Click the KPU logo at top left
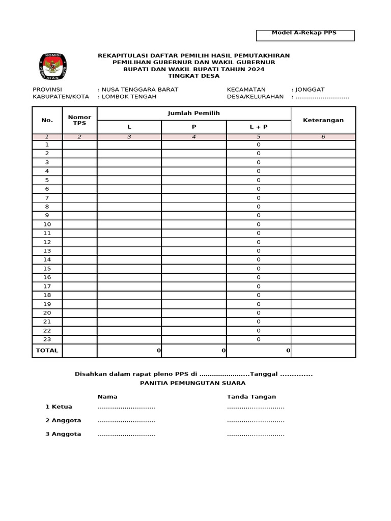coord(52,66)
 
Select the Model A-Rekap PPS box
coord(304,35)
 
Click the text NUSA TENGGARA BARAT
coord(139,90)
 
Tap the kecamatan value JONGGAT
coord(310,90)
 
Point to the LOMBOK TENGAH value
coord(129,97)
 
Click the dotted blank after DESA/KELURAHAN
coord(322,97)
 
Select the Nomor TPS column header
coord(79,120)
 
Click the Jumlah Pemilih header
coord(193,113)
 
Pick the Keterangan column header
coord(323,120)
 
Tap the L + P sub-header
coord(258,127)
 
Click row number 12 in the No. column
coord(47,242)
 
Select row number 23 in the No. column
coord(47,339)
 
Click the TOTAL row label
coord(47,351)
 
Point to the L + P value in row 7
coord(258,198)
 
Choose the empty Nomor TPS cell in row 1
coord(79,145)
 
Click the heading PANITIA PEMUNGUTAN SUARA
coord(193,383)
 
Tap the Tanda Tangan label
coord(252,397)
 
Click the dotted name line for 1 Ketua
coord(126,407)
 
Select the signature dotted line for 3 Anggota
coord(256,435)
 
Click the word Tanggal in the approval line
coord(264,374)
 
